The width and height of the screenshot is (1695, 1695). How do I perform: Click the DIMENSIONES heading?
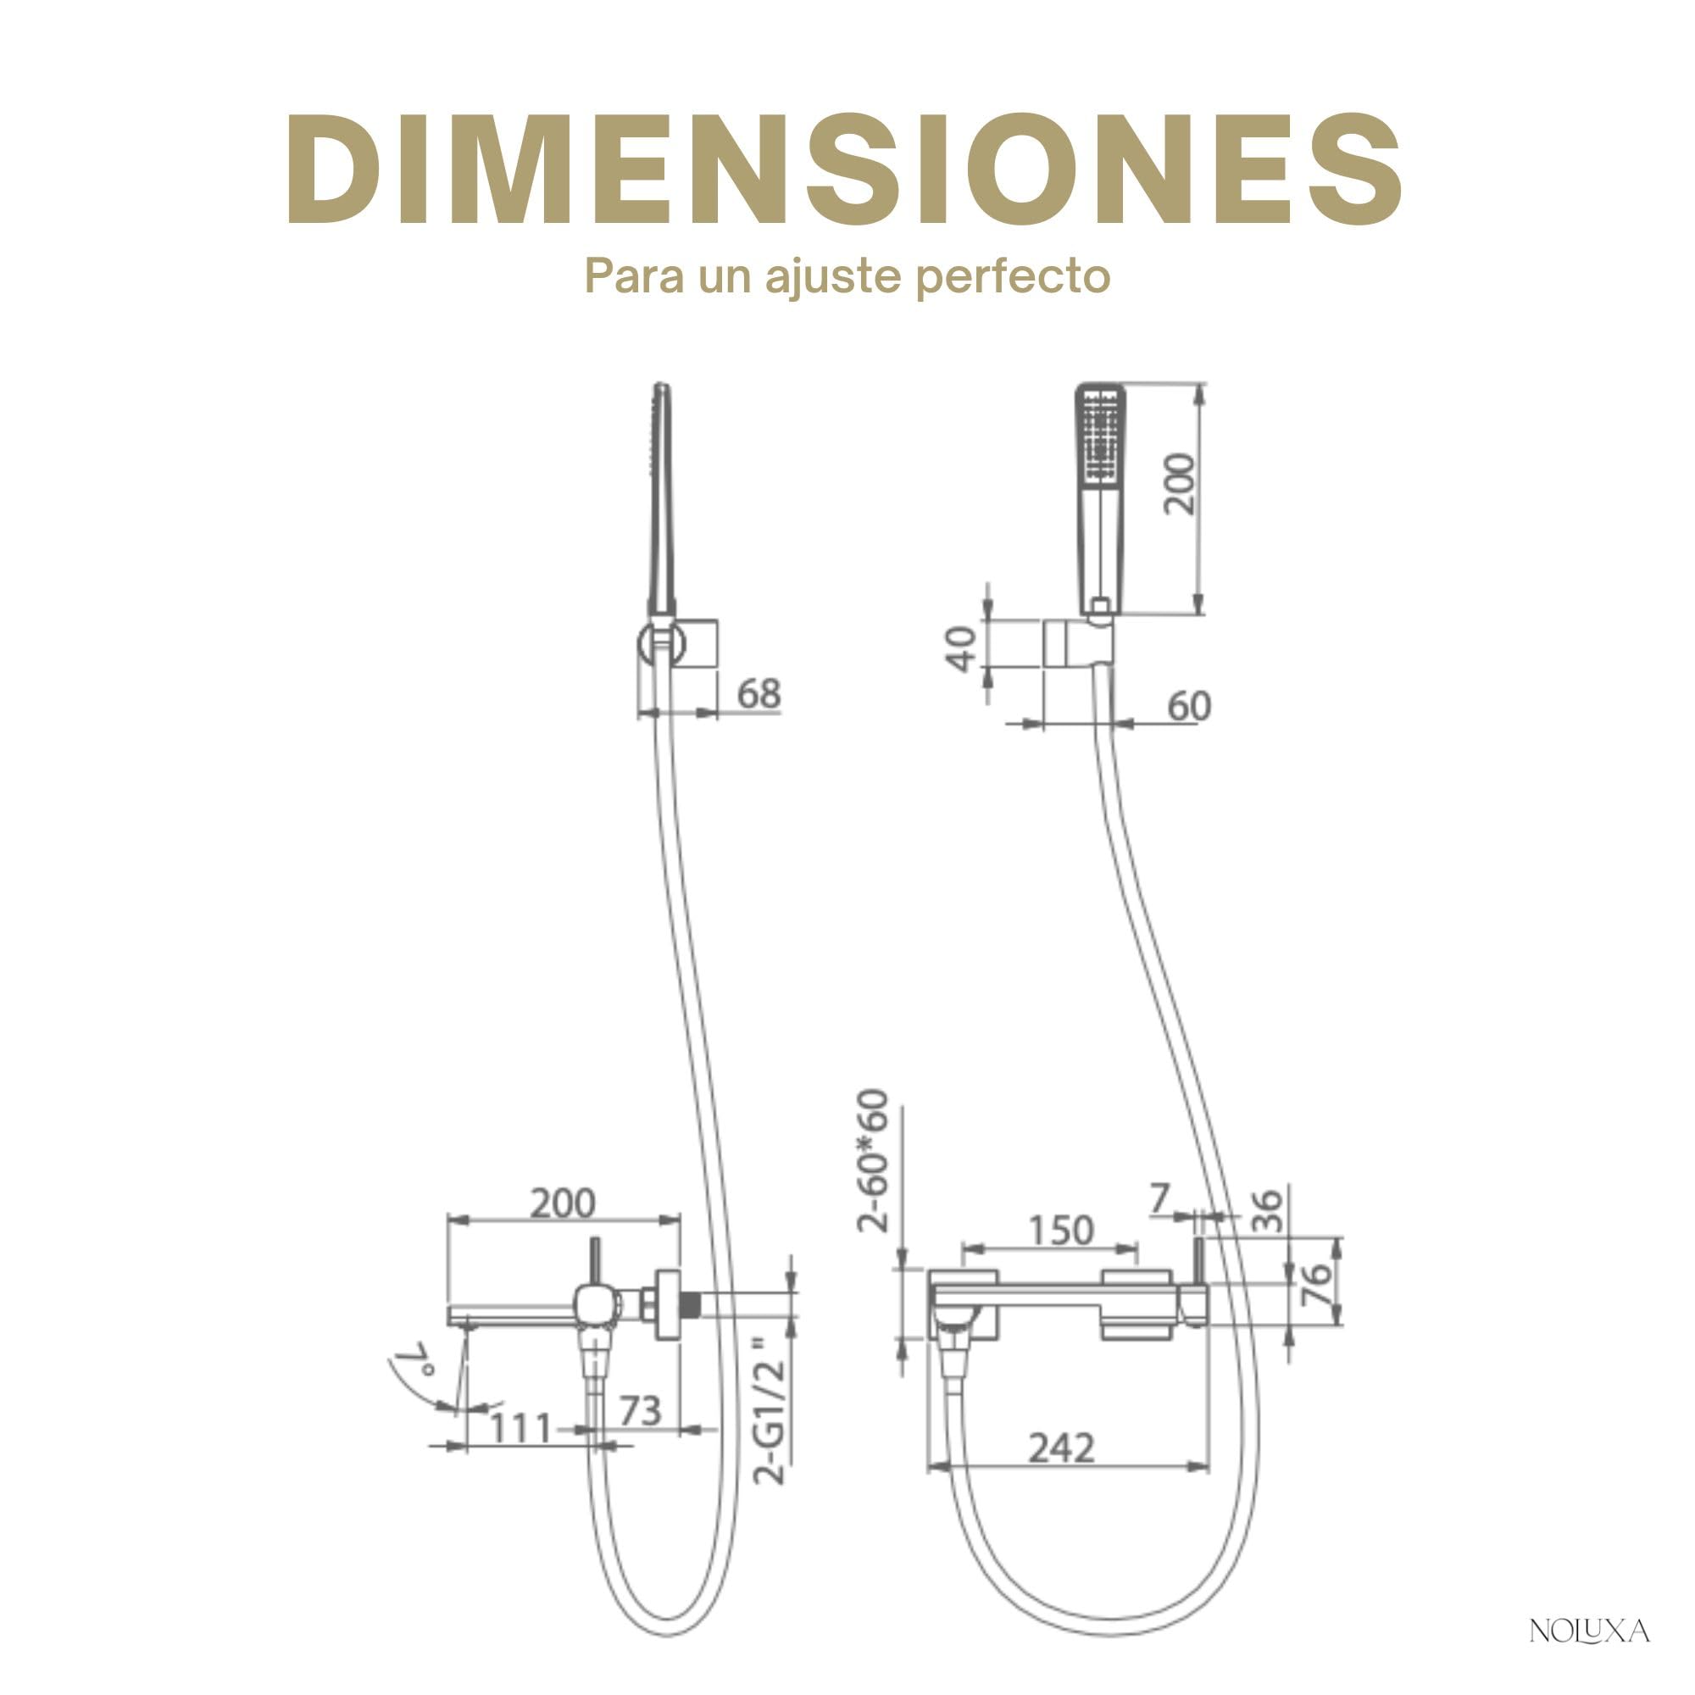tap(844, 169)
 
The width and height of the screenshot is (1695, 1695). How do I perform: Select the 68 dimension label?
tap(758, 694)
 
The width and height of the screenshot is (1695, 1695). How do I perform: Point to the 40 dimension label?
tap(963, 648)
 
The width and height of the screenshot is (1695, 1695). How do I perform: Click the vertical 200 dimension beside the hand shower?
tap(1179, 483)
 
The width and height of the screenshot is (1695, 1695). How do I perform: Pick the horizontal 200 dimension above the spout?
tap(563, 1203)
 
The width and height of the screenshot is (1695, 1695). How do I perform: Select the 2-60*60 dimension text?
tap(873, 1161)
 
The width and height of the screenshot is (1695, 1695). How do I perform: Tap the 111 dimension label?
tap(520, 1428)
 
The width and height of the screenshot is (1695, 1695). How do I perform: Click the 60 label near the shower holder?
tap(1189, 706)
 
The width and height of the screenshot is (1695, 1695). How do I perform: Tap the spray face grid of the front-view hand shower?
tap(1100, 435)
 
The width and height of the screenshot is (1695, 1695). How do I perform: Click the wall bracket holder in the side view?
tap(679, 643)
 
